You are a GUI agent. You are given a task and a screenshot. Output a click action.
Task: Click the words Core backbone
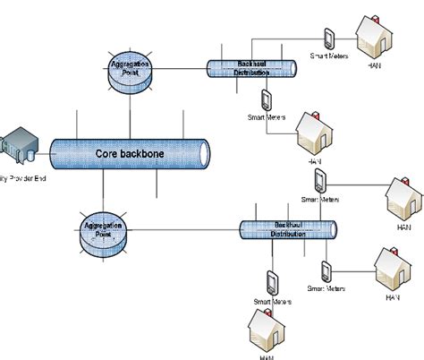coord(130,154)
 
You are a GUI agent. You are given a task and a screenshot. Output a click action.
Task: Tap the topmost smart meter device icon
coord(328,38)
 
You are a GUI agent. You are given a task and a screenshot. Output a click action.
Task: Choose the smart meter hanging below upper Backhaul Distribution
coord(267,99)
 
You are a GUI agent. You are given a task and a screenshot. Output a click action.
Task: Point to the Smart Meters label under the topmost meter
coord(328,56)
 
